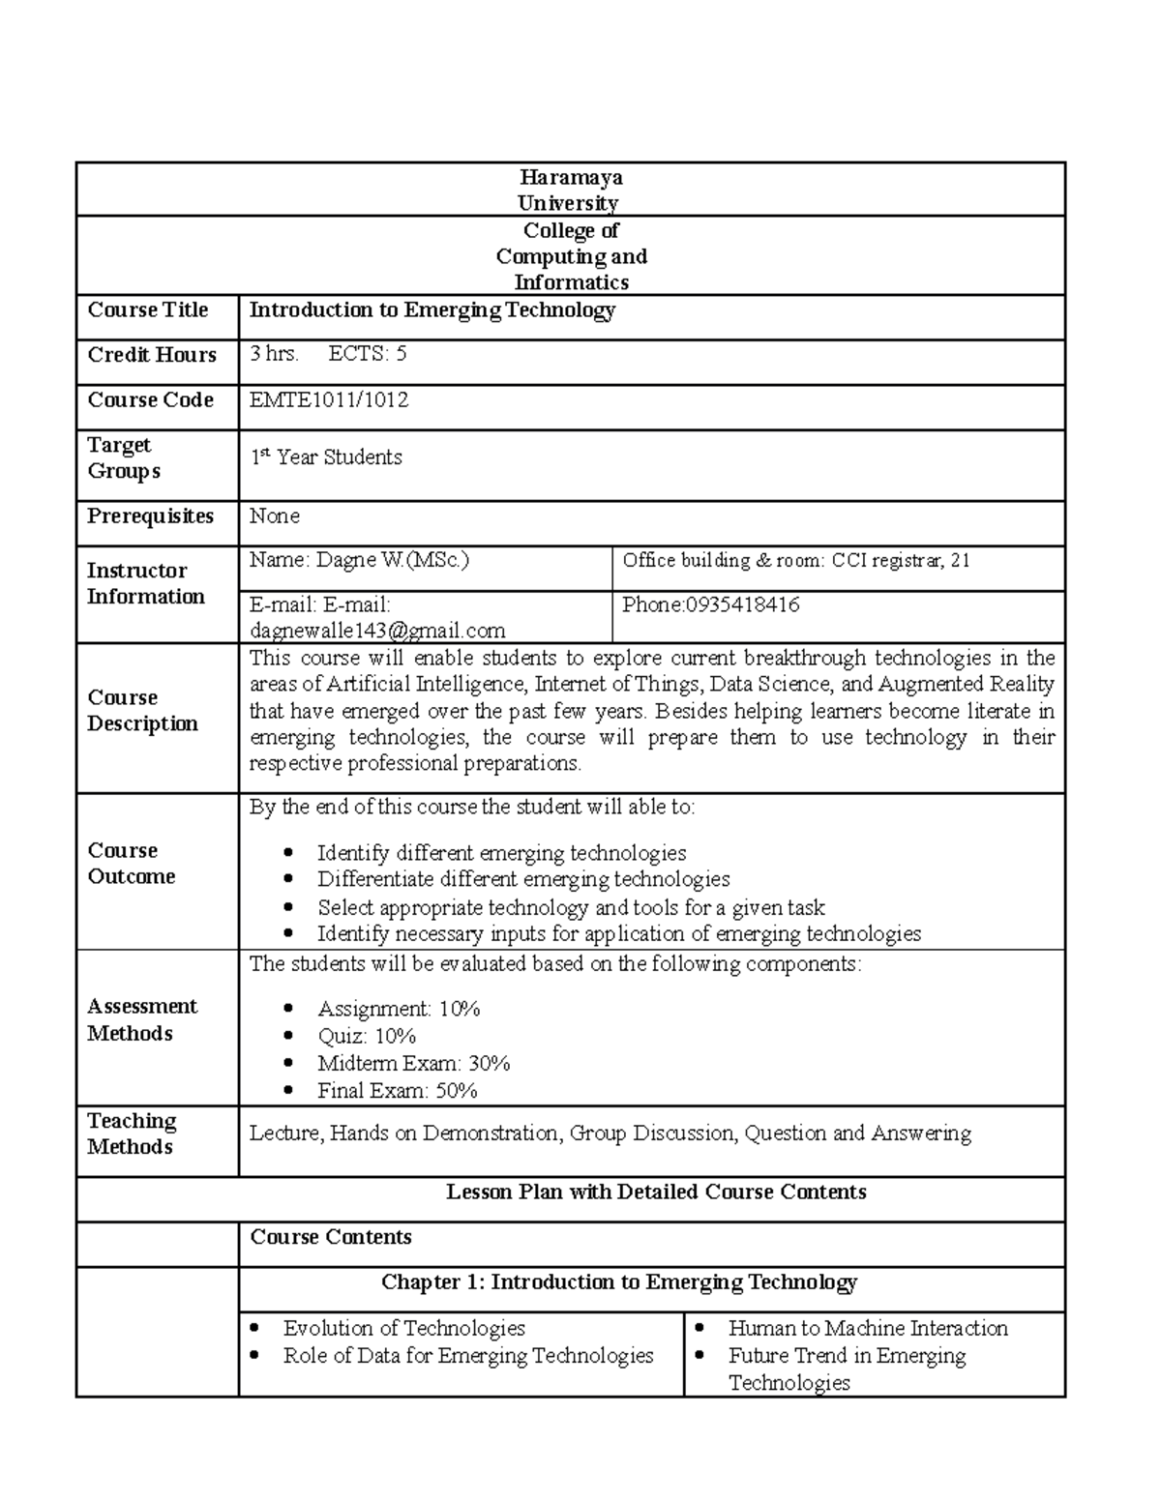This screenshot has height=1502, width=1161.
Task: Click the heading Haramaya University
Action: pos(570,190)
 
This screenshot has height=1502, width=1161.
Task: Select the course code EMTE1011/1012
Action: pos(329,399)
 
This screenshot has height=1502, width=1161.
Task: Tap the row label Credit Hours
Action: pos(152,355)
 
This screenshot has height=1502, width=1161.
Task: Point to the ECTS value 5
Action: pos(401,353)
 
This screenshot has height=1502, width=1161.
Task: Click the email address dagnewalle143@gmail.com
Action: pos(377,631)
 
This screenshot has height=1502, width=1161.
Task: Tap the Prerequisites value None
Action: pos(275,515)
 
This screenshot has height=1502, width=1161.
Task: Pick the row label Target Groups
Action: pos(123,457)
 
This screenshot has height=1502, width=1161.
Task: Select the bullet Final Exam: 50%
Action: pos(397,1090)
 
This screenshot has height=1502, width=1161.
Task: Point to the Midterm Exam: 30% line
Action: pos(413,1063)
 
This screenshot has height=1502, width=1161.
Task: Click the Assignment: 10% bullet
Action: pos(399,1009)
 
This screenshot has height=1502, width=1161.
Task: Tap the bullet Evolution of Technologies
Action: pos(403,1328)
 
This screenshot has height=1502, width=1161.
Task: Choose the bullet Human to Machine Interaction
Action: pos(868,1328)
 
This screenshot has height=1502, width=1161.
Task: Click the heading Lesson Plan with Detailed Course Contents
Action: pos(656,1192)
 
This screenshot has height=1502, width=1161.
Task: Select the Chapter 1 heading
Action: pos(619,1281)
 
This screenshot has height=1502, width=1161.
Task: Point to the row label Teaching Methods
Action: pos(132,1134)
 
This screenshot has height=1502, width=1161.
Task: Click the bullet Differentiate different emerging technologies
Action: pos(523,879)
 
